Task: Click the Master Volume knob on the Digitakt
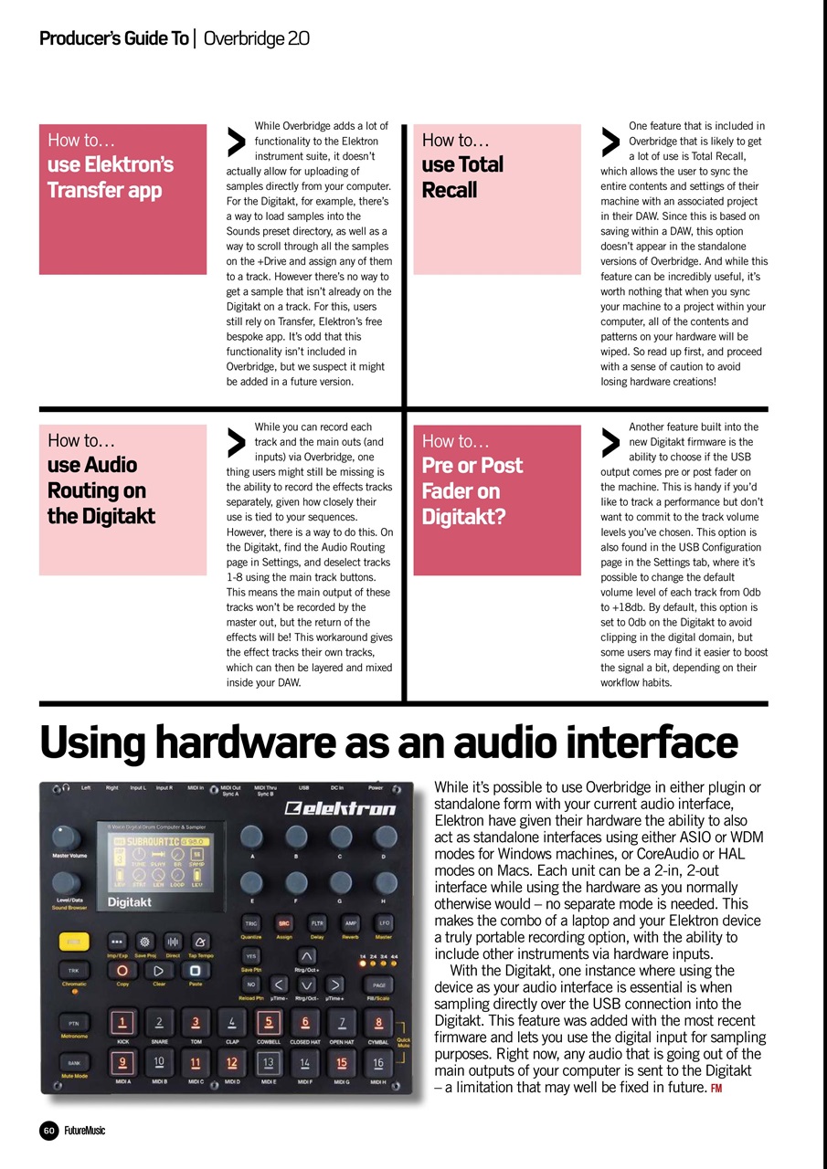pos(65,837)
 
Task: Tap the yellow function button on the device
pos(73,940)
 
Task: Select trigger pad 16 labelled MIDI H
pos(377,1062)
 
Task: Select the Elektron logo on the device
pos(340,807)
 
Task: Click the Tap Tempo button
pos(200,940)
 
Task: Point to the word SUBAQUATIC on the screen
pos(153,839)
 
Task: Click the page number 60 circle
pos(49,1131)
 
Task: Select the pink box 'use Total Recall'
pos(496,198)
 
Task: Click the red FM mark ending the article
pos(716,1087)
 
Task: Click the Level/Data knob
pos(65,883)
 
